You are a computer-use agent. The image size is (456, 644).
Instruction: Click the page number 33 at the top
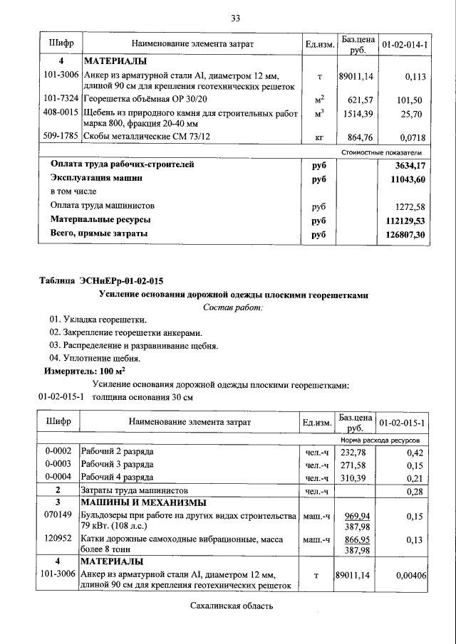[x=234, y=18]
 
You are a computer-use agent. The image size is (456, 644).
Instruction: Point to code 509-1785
[x=61, y=135]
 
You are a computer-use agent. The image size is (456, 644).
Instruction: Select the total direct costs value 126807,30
[x=401, y=233]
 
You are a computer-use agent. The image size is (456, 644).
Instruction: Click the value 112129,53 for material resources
[x=400, y=220]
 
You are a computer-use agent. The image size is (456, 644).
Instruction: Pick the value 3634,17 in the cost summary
[x=406, y=164]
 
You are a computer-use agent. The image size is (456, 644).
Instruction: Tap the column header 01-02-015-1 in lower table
[x=403, y=423]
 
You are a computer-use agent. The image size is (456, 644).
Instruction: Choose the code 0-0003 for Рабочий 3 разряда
[x=58, y=464]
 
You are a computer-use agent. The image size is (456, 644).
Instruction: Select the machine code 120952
[x=58, y=539]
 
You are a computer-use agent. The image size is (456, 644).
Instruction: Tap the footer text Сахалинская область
[x=232, y=606]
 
